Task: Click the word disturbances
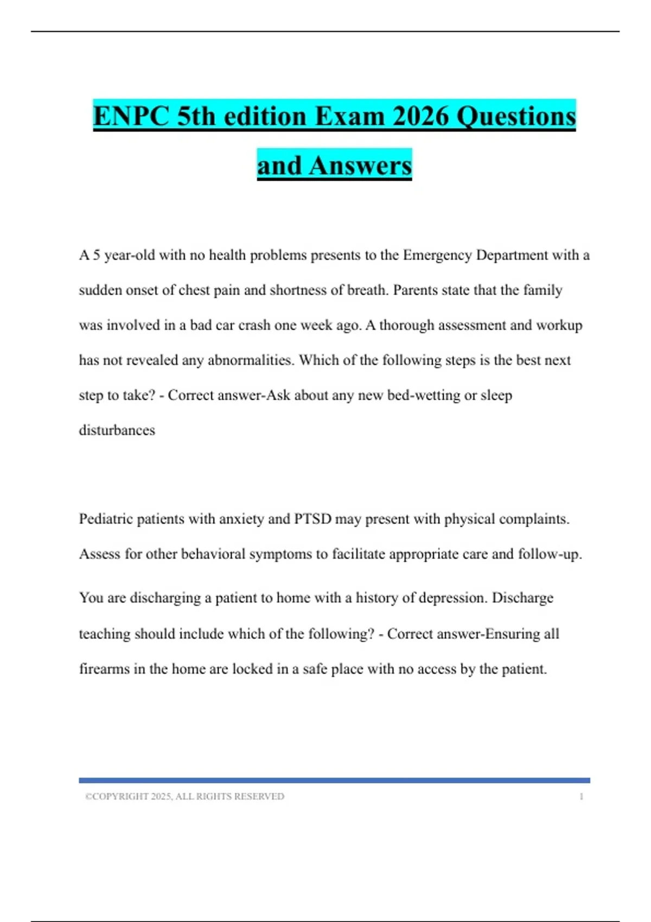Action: coord(117,430)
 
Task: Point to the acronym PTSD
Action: coord(312,519)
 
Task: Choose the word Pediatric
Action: coord(106,519)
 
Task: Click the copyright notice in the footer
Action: coord(184,796)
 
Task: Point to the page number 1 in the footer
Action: coord(581,796)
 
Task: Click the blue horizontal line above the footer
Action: coord(334,780)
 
